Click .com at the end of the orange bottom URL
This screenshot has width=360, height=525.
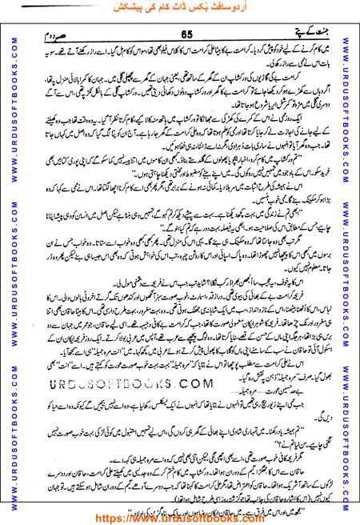pyautogui.click(x=249, y=517)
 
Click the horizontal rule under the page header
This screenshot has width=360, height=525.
pyautogui.click(x=180, y=41)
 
